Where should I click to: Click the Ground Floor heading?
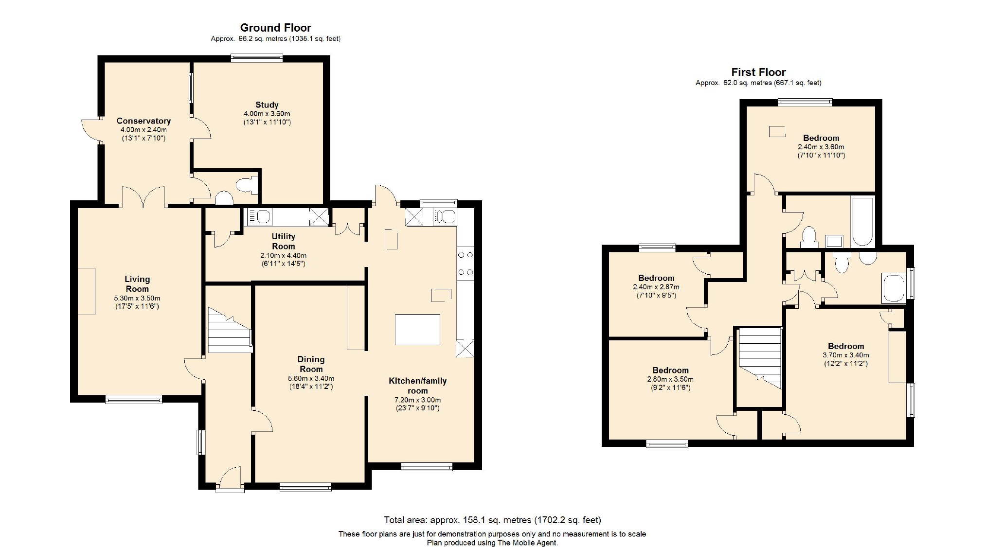coord(275,28)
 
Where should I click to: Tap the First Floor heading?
coord(758,72)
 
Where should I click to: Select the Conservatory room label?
coord(143,121)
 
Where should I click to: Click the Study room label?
coord(267,105)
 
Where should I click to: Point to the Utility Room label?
coord(284,241)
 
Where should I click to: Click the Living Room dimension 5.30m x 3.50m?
coord(137,298)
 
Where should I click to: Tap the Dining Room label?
coord(311,364)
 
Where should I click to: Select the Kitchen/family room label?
coord(417,386)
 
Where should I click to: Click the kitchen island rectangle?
coord(417,330)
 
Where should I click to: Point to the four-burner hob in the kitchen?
coord(466,264)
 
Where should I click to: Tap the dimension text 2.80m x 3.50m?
coord(670,379)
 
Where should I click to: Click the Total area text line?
coord(492,520)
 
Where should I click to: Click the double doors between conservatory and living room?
coord(143,197)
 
